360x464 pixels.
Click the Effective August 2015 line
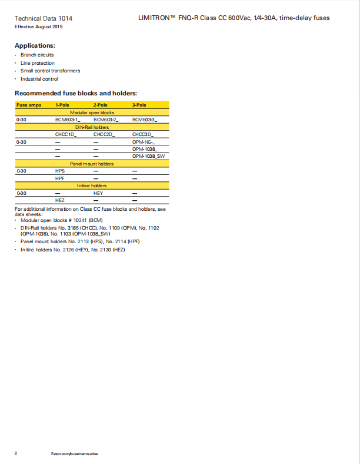38,27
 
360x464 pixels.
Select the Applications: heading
35,45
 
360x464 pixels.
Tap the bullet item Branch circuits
37,55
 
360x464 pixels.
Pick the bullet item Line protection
38,63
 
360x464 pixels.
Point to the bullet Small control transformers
50,71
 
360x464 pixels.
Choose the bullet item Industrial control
39,79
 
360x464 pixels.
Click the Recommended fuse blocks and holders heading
75,93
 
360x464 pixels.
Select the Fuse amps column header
29,105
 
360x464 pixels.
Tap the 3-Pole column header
139,105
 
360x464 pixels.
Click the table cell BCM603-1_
68,120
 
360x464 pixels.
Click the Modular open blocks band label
92,112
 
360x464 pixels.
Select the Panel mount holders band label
92,164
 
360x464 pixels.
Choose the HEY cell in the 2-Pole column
98,193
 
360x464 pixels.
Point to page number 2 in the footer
16,453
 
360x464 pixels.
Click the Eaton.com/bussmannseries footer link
75,453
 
